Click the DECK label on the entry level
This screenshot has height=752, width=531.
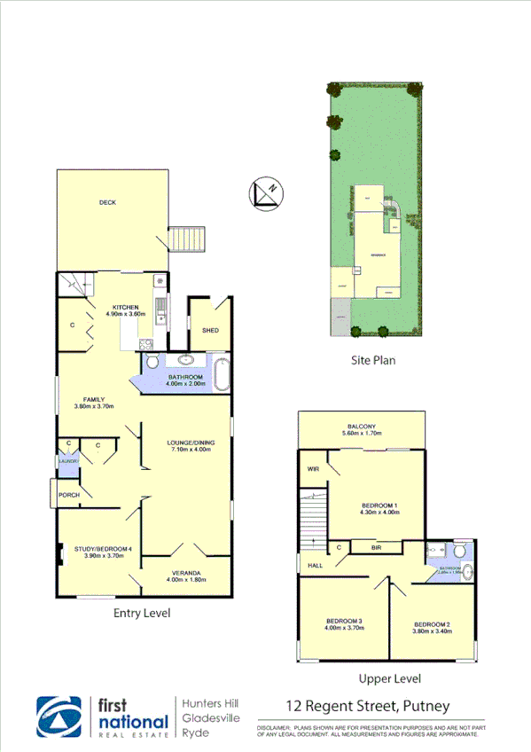[x=107, y=203]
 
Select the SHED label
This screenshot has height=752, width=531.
[x=210, y=331]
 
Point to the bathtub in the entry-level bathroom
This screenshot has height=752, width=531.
[x=222, y=373]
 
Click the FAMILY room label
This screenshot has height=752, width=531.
[x=95, y=400]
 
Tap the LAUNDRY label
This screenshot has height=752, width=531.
[x=69, y=460]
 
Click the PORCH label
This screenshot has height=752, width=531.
[x=68, y=495]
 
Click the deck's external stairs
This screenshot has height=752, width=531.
[x=186, y=239]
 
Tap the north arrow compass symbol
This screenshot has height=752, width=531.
[x=265, y=192]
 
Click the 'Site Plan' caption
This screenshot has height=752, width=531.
[x=372, y=361]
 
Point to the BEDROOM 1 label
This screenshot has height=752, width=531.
[x=379, y=506]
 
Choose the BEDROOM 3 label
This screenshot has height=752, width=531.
[x=343, y=621]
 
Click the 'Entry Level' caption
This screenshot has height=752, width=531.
[x=142, y=613]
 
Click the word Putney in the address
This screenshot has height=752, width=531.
[x=426, y=707]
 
